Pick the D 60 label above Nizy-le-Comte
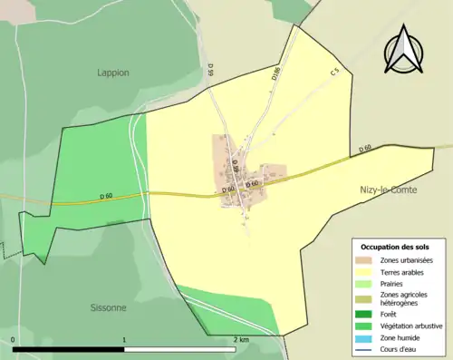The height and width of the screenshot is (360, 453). (x=365, y=148)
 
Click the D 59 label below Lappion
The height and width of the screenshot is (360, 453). (x=210, y=68)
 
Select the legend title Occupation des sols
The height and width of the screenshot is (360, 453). (x=395, y=247)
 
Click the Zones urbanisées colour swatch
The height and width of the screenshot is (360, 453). (x=365, y=260)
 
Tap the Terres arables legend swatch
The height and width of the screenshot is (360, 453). (x=365, y=271)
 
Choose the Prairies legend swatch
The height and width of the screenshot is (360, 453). (x=365, y=282)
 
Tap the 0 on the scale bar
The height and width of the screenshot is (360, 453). (x=14, y=340)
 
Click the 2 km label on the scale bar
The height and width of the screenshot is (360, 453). (x=240, y=340)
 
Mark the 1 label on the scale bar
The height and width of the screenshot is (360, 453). (x=124, y=340)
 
